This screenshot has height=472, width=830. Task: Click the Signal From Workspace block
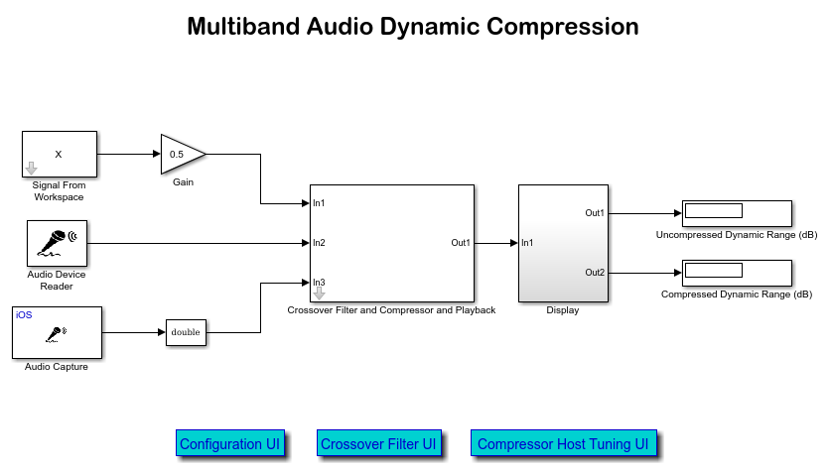pos(60,154)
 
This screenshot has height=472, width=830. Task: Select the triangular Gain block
pos(182,154)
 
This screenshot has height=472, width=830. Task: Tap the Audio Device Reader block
pos(57,243)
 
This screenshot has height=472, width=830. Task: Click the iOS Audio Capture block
pos(57,332)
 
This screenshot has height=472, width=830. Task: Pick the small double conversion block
pos(186,332)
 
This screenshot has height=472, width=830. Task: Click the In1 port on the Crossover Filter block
pos(320,203)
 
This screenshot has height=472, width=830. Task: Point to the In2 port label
pos(320,243)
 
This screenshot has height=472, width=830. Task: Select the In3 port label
pos(320,283)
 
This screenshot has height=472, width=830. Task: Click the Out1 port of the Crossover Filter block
pos(461,243)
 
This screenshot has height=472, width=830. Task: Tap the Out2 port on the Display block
pos(595,273)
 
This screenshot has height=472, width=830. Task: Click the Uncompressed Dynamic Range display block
pos(736,213)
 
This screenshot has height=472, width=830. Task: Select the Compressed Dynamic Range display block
pos(736,273)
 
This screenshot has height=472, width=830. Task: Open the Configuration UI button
pos(230,444)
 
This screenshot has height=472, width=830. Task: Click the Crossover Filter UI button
pos(378,444)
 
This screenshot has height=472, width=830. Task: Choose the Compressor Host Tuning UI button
pos(563,444)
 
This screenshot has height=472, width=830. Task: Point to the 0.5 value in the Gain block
pos(177,154)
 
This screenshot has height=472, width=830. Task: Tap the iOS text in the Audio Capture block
pos(24,314)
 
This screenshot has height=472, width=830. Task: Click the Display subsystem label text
pos(562,310)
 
